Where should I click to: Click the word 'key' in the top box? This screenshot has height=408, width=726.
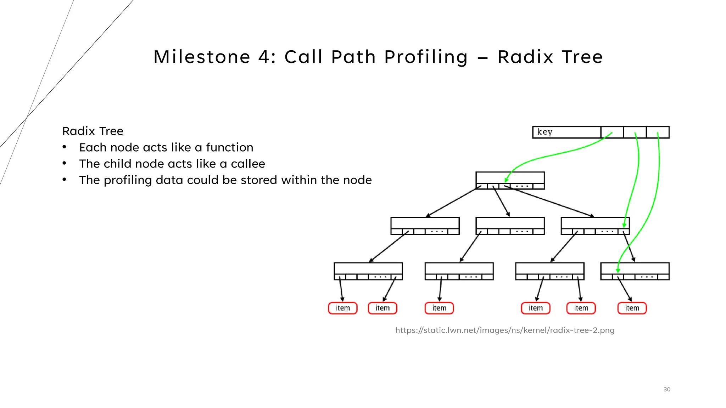pos(544,132)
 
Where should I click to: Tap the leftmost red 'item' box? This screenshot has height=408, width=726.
pos(343,308)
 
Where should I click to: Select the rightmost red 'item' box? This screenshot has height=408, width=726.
pos(632,308)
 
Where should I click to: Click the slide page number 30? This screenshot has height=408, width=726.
pos(667,389)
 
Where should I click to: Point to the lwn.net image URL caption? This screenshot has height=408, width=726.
pos(505,330)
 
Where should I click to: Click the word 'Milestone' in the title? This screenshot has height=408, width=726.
pos(202,57)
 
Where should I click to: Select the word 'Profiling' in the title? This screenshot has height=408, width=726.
pos(426,57)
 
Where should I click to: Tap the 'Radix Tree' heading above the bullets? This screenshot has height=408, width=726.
pos(93,131)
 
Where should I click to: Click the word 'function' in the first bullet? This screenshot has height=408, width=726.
pos(230,147)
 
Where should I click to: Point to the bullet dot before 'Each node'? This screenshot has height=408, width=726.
pos(65,147)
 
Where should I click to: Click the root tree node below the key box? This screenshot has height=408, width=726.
pos(510,178)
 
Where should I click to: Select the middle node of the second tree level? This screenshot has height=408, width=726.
pos(510,223)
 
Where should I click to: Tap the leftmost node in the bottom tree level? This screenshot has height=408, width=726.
pos(368,268)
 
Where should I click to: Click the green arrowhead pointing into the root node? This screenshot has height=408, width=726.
pos(507,180)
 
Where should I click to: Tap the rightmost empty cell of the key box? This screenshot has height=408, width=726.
pos(658,132)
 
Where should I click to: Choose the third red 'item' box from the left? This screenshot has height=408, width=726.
pos(439,308)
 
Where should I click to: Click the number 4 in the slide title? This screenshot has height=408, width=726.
pos(264,57)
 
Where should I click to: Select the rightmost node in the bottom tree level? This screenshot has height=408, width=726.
pos(635,268)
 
